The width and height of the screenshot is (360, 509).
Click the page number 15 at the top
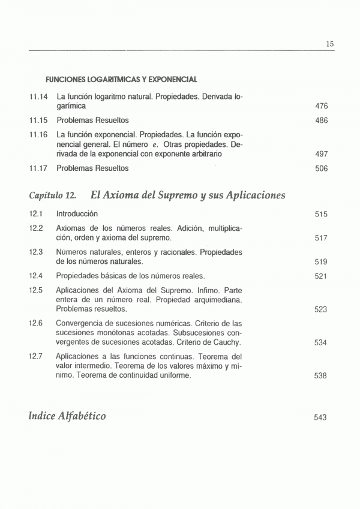(329, 44)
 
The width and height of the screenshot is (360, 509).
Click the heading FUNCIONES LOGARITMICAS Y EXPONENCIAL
(122, 79)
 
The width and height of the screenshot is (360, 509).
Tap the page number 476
(321, 106)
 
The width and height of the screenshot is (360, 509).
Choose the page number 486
(321, 120)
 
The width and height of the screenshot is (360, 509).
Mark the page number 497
(321, 154)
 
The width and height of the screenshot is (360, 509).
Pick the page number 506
(321, 168)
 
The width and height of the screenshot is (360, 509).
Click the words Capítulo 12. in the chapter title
(53, 195)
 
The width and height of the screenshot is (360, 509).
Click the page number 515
(320, 214)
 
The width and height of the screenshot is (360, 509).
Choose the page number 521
(320, 276)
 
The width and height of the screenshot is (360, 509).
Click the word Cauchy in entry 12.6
(226, 343)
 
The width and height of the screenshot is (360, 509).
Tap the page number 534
(320, 343)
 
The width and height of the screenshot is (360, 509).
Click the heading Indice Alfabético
(67, 415)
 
